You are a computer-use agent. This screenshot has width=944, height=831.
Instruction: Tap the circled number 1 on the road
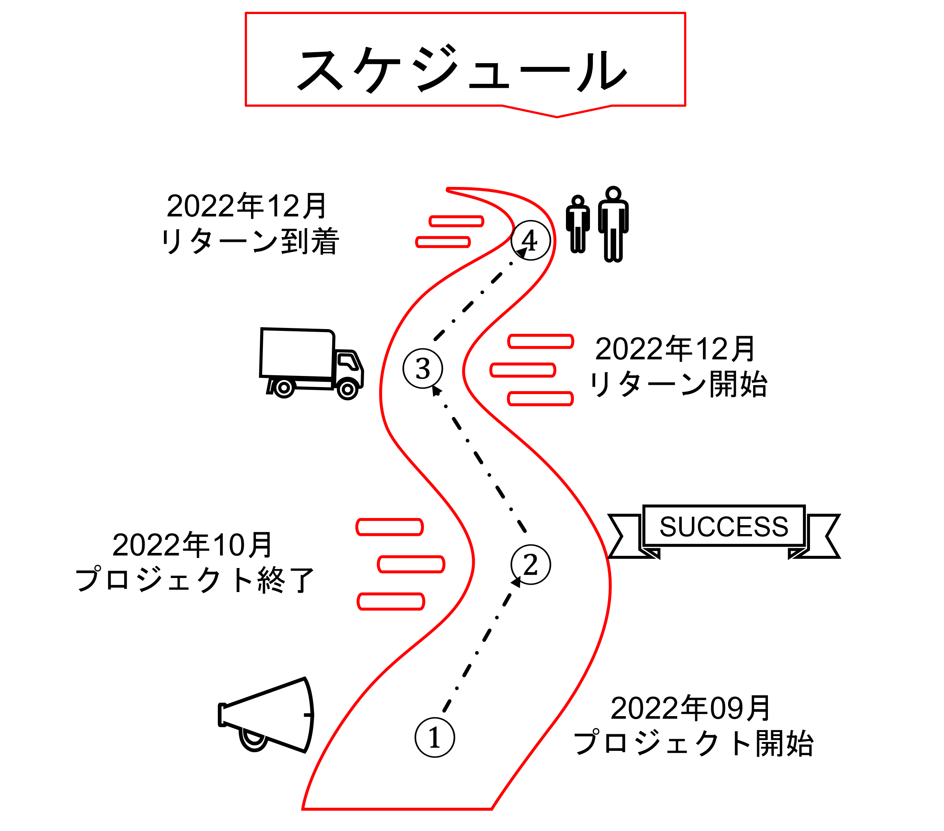435,737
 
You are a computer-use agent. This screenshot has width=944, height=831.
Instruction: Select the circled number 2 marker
531,564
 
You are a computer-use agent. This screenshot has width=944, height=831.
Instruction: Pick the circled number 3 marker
423,369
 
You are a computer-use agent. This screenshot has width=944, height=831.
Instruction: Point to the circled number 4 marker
531,240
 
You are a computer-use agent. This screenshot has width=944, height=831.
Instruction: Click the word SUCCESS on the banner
724,526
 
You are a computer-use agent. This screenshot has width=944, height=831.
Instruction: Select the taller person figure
613,225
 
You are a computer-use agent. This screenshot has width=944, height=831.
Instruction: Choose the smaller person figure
578,225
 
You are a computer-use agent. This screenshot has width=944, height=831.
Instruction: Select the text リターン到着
250,241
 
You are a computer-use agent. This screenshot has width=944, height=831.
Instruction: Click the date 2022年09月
690,708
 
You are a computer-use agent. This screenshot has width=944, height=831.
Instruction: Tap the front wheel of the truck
347,389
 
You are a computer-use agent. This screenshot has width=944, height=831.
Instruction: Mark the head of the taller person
613,193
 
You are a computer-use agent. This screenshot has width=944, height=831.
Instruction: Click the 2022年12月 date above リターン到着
247,206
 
